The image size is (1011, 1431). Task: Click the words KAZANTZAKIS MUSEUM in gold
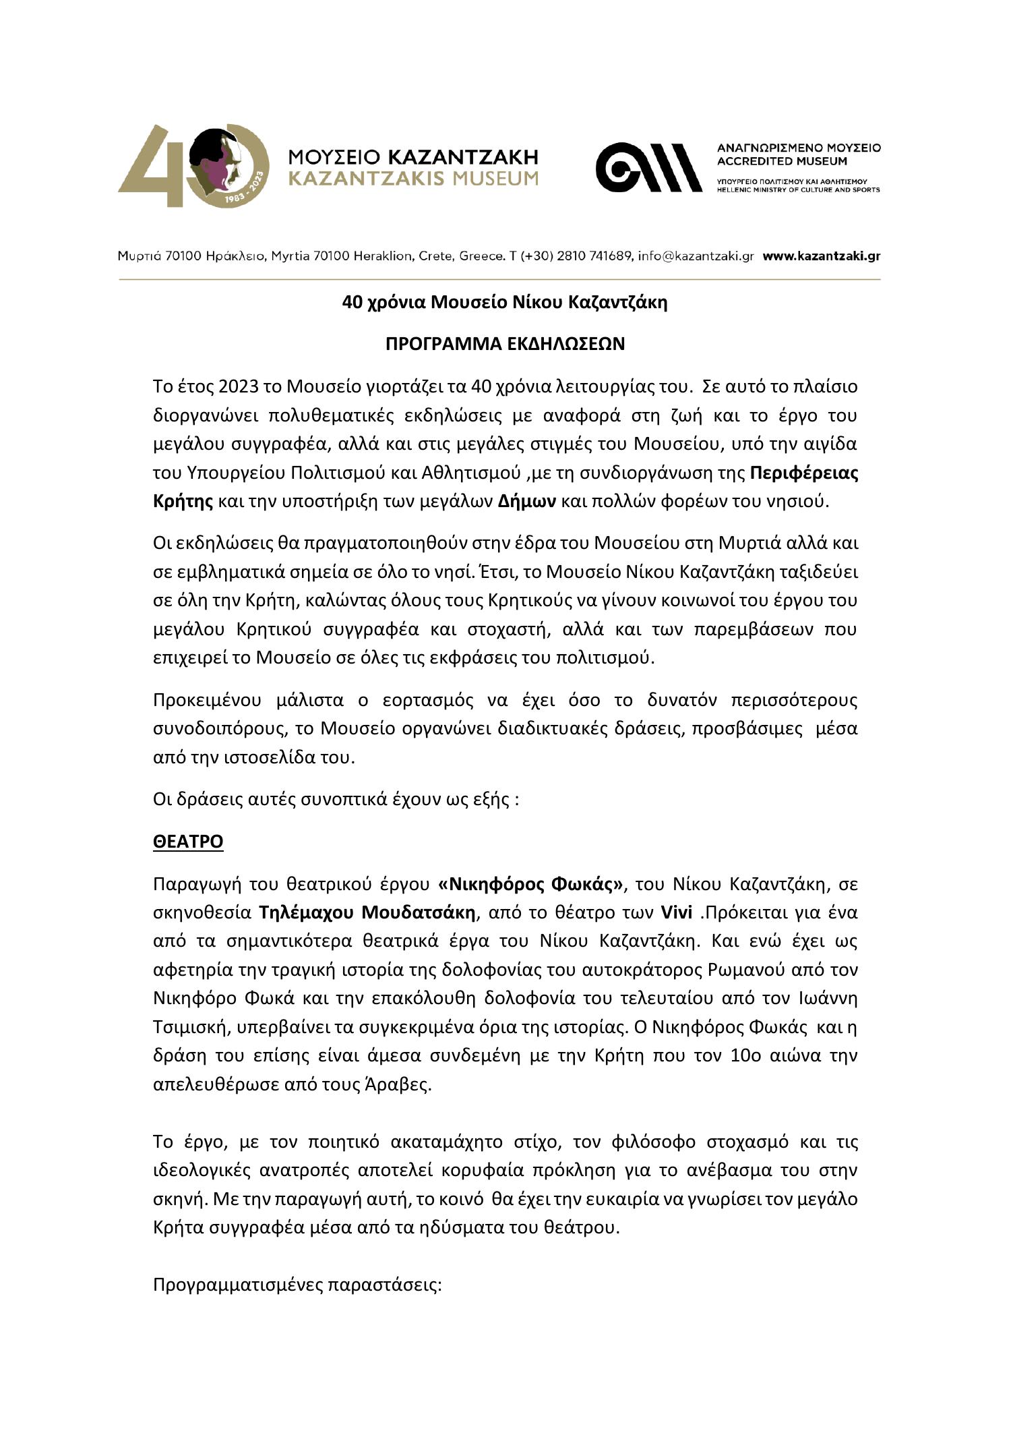(x=413, y=178)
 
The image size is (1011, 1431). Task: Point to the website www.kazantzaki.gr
(x=822, y=256)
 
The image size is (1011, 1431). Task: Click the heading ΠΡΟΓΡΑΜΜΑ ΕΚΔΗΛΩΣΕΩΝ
(x=505, y=344)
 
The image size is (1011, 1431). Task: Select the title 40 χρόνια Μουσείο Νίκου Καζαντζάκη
(x=505, y=303)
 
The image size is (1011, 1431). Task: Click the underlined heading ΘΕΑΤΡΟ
(x=188, y=842)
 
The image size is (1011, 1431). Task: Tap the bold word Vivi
(x=676, y=912)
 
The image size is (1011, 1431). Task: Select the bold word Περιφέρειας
(x=804, y=473)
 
